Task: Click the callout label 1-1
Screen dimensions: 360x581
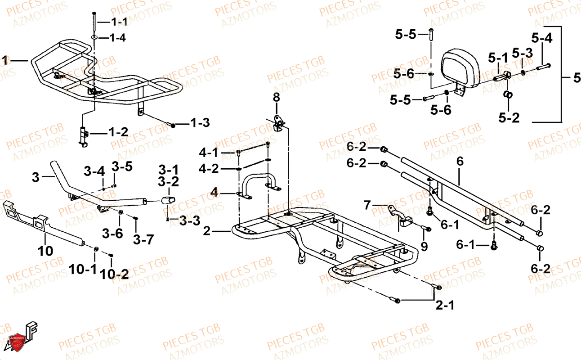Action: point(119,22)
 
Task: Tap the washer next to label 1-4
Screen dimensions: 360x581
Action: point(95,37)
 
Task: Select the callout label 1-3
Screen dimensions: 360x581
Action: point(200,122)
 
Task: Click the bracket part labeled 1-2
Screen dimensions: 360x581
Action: point(83,135)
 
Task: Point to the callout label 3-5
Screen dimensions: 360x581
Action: point(122,167)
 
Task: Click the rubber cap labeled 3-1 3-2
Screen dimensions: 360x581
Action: point(168,200)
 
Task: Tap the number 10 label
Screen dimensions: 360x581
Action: point(45,251)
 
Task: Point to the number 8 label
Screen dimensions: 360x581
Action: point(276,97)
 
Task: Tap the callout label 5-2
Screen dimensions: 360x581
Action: point(509,118)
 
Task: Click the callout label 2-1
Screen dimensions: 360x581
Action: point(445,306)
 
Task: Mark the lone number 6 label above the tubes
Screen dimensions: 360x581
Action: point(459,161)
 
